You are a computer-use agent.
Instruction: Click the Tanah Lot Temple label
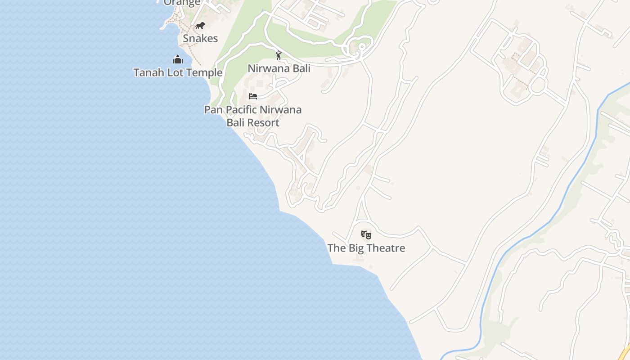(x=178, y=72)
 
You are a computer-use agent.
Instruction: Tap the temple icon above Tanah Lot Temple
(x=178, y=59)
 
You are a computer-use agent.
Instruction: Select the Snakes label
(x=200, y=38)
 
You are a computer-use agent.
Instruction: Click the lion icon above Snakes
(x=200, y=25)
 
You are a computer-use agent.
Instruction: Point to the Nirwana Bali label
(x=279, y=68)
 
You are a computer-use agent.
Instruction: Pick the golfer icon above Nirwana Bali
(x=279, y=55)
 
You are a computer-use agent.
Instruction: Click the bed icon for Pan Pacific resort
(x=253, y=96)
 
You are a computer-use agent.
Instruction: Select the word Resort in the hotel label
(x=265, y=122)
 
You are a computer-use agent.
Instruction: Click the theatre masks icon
(x=366, y=234)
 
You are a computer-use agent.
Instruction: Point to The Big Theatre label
(x=366, y=248)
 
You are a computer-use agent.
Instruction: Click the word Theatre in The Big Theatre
(x=385, y=248)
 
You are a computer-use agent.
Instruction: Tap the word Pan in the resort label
(x=213, y=109)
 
